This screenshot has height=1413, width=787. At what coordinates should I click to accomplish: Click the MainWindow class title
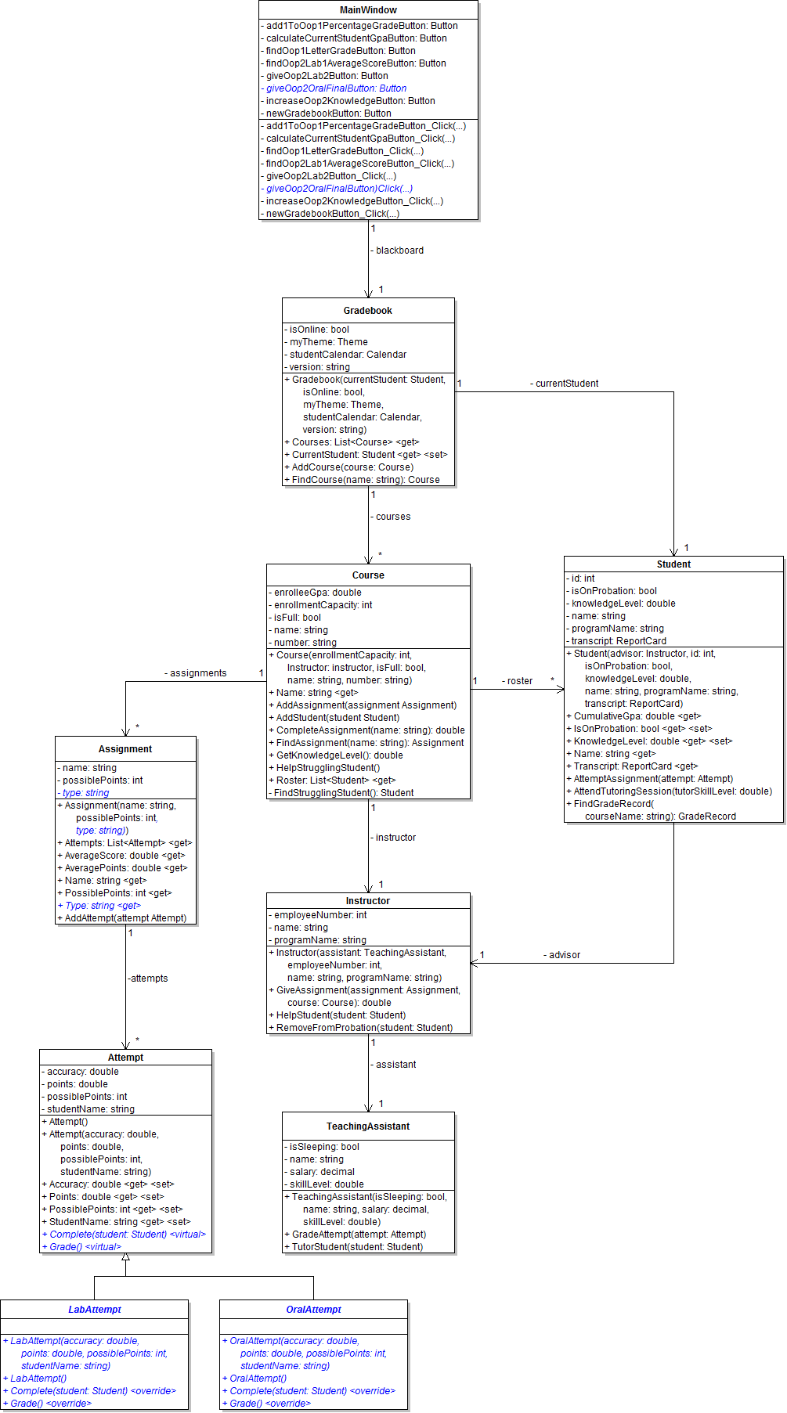[x=368, y=10]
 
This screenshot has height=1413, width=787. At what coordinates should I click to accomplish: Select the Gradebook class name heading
[x=368, y=311]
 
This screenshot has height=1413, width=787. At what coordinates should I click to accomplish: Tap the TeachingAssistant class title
[x=368, y=1126]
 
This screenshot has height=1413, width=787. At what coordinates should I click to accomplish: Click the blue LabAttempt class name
[x=95, y=1310]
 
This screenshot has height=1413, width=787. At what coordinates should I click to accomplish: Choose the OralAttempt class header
[x=314, y=1310]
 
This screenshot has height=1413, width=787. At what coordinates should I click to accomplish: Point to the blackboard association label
[x=398, y=251]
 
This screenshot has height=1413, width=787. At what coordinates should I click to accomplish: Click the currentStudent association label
[x=565, y=384]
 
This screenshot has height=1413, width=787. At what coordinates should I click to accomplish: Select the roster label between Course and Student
[x=518, y=681]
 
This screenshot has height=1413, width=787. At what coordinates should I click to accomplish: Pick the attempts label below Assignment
[x=148, y=979]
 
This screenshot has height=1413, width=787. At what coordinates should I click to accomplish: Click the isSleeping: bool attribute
[x=323, y=1147]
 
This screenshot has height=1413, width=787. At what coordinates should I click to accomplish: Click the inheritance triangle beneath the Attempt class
[x=125, y=1257]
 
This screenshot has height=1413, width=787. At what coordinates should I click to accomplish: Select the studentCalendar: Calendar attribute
[x=346, y=355]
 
